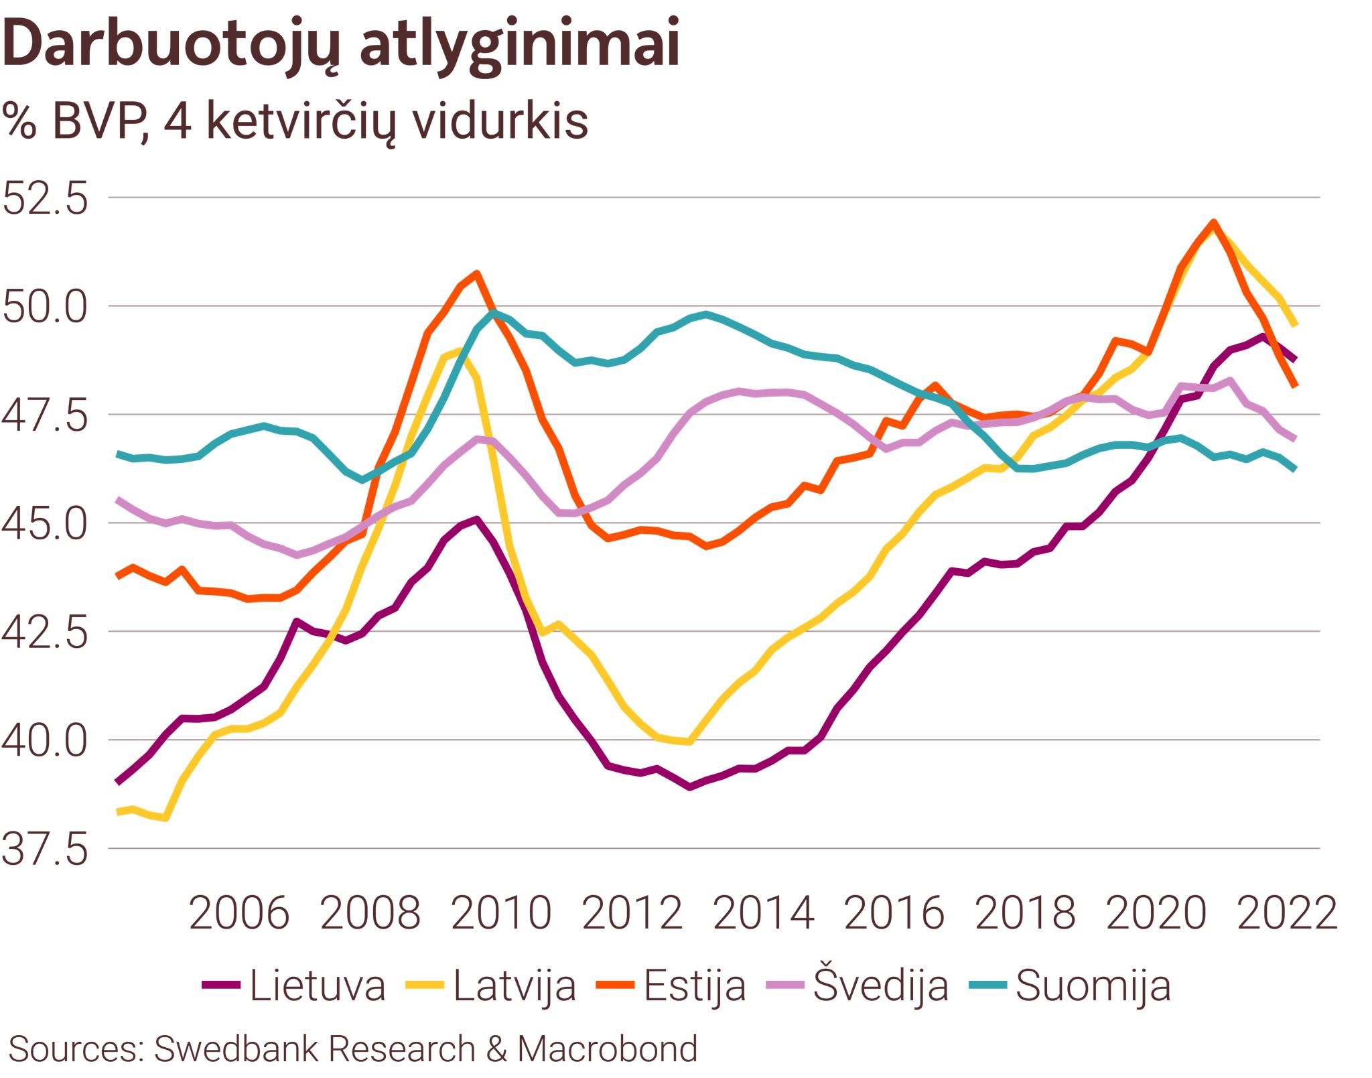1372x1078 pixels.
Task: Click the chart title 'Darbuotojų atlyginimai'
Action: pos(342,44)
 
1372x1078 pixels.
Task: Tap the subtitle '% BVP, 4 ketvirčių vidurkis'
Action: pos(295,121)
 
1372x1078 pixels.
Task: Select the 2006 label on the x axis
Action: pos(239,913)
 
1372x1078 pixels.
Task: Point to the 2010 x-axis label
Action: pos(501,913)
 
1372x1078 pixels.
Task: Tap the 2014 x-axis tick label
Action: pos(764,913)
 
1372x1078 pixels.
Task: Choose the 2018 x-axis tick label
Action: pos(1026,913)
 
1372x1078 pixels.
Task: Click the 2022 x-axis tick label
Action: pos(1287,913)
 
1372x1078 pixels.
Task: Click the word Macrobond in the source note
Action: pos(607,1049)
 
